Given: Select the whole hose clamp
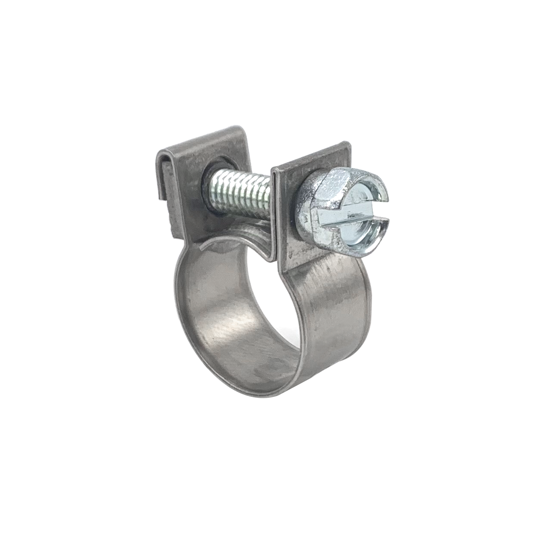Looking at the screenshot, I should (x=267, y=267).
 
